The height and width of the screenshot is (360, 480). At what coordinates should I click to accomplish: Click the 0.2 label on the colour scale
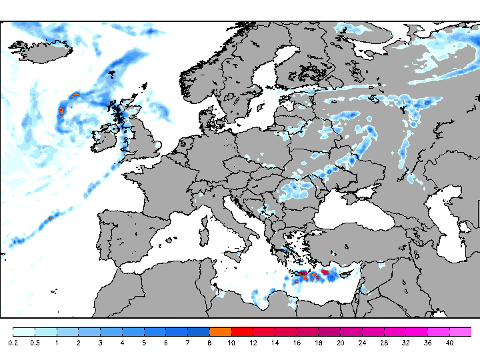[13, 343]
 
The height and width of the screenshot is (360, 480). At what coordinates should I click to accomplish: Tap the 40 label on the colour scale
[449, 343]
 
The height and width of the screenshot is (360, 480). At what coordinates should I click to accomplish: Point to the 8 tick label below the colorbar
[209, 343]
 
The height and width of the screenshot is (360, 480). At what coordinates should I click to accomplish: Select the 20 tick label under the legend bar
[340, 343]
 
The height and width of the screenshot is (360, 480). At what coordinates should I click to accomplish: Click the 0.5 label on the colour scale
[35, 343]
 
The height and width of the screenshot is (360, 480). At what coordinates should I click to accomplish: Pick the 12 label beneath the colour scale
[253, 343]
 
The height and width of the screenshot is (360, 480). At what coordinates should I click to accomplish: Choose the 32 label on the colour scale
[405, 343]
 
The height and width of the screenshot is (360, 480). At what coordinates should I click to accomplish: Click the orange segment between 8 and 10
[220, 331]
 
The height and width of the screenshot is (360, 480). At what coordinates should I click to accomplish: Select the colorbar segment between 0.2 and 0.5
[24, 331]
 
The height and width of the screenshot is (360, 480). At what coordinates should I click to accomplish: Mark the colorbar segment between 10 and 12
[242, 331]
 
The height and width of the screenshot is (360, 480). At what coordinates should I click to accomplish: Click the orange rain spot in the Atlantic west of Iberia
[49, 218]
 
